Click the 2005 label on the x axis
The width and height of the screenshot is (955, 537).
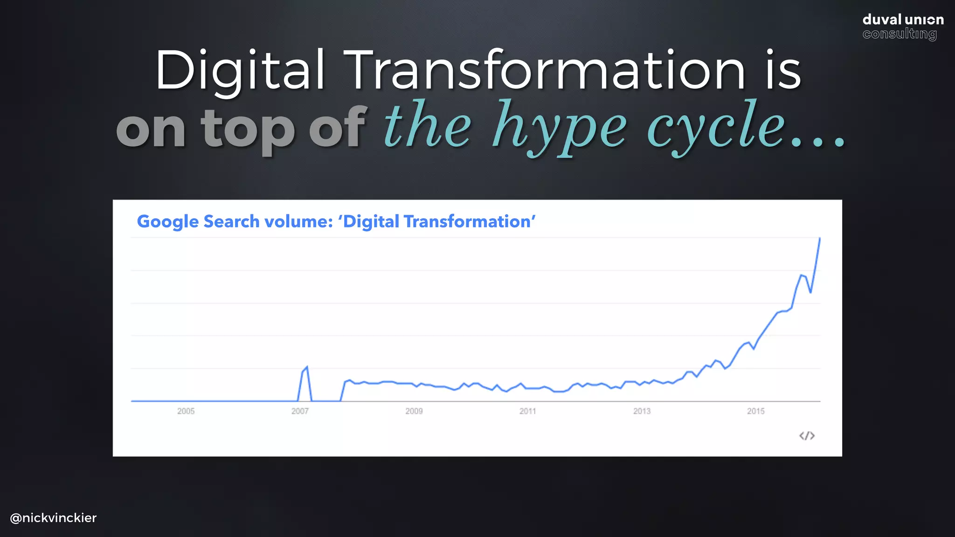click(x=186, y=411)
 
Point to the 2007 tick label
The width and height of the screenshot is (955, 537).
click(x=300, y=411)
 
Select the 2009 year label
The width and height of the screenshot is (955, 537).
click(x=414, y=411)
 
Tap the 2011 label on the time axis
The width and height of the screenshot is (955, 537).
click(x=527, y=411)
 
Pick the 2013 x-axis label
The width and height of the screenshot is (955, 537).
click(x=642, y=411)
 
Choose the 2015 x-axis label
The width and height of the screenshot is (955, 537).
click(x=755, y=411)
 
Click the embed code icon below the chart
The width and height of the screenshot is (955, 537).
click(x=807, y=436)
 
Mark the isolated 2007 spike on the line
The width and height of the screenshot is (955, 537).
click(x=306, y=368)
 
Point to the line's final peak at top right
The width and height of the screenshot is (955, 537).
click(x=819, y=239)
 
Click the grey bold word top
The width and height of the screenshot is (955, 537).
click(x=248, y=129)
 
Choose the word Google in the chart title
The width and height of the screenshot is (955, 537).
click(x=168, y=221)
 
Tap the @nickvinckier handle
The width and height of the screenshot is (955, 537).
click(x=53, y=518)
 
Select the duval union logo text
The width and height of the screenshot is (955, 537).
click(x=903, y=20)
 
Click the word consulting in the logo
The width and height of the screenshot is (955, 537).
click(x=899, y=34)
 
